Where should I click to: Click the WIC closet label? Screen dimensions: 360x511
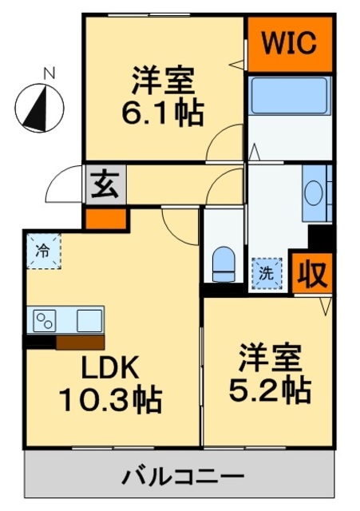(289, 43)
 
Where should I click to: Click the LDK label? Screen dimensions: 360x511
(110, 366)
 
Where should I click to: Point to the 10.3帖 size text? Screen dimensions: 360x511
(110, 399)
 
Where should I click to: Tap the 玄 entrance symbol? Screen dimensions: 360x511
(105, 184)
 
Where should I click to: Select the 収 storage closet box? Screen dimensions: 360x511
(312, 273)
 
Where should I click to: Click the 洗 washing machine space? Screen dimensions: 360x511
(267, 273)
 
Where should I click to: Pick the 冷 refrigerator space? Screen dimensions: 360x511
(44, 252)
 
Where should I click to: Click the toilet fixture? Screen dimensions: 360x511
(224, 264)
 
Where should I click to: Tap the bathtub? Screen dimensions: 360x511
(290, 95)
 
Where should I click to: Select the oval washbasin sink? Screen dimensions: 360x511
(314, 193)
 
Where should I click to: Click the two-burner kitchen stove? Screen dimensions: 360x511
(45, 321)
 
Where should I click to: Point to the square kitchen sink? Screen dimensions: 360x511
(89, 321)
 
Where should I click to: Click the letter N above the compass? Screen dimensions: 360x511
(49, 73)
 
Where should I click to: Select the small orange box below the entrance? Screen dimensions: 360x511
(106, 219)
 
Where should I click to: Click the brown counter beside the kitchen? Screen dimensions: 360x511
(80, 343)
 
